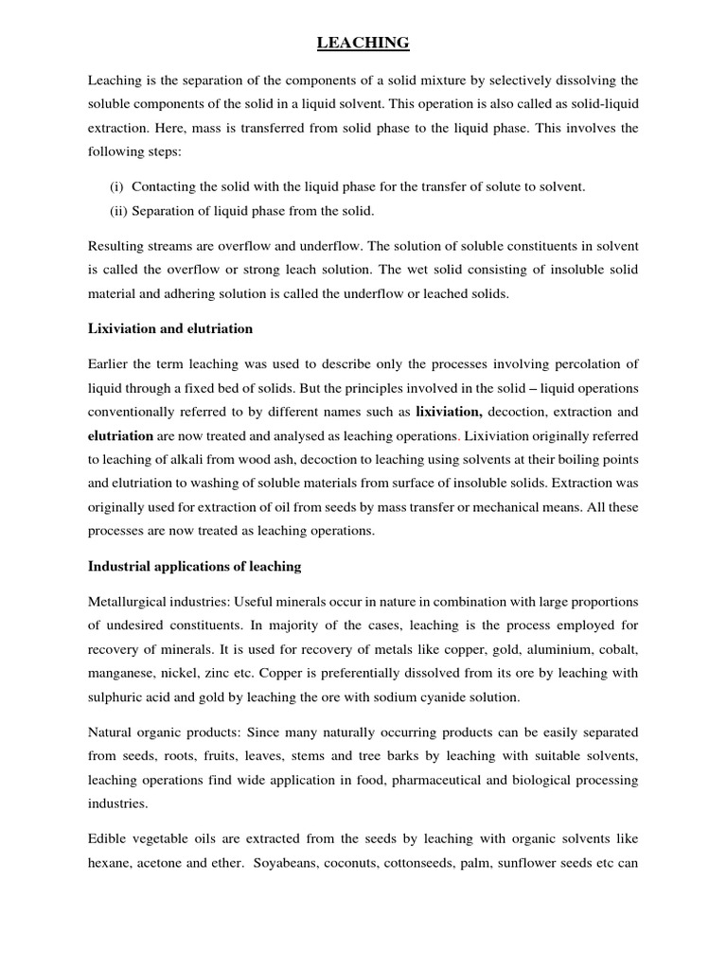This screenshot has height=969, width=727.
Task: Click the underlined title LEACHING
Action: pyautogui.click(x=363, y=43)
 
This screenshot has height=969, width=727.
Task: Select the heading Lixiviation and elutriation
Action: pyautogui.click(x=170, y=328)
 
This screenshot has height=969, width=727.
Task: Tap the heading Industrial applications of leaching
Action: pyautogui.click(x=194, y=566)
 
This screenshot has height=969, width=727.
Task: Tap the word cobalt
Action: pyautogui.click(x=615, y=649)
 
